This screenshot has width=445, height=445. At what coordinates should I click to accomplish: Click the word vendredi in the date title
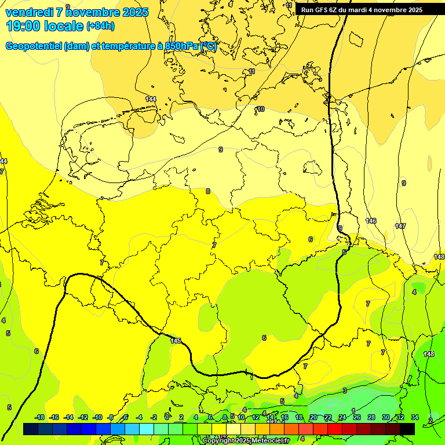30,12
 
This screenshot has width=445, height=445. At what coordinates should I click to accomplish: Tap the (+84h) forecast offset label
100,26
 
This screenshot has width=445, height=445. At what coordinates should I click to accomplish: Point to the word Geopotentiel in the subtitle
34,46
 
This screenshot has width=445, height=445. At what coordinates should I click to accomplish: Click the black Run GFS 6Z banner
362,9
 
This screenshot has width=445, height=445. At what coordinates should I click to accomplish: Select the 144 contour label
151,100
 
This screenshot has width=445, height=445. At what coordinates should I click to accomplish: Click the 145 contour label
176,341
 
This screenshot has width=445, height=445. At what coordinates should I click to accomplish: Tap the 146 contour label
371,221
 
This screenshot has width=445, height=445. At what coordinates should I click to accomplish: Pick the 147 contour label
400,226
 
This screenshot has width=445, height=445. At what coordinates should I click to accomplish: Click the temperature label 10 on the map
261,109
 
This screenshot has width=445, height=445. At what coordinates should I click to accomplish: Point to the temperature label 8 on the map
208,191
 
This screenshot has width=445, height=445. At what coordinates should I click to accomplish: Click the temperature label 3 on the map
344,391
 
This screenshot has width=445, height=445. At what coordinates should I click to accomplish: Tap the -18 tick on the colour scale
39,417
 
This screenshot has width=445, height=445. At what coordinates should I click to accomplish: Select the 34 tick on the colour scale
415,417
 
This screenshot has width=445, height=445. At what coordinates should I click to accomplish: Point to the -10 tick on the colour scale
97,417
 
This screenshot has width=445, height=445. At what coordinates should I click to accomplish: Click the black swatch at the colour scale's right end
407,429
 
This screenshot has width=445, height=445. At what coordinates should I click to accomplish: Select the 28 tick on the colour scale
371,417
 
